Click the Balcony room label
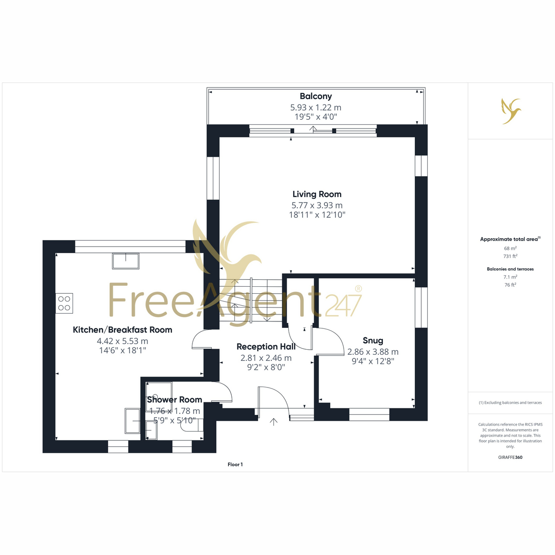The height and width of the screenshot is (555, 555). click(315, 96)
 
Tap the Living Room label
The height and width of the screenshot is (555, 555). click(317, 194)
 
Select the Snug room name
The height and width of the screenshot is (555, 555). click(373, 340)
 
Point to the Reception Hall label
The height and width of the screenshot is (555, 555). click(266, 346)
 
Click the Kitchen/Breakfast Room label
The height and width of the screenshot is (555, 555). click(123, 330)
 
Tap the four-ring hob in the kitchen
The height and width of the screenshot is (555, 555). click(64, 303)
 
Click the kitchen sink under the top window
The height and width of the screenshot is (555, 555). click(126, 261)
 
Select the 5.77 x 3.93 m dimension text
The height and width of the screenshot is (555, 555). click(317, 205)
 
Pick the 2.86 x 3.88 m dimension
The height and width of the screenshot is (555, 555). click(373, 351)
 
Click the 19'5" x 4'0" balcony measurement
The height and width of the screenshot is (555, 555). click(316, 117)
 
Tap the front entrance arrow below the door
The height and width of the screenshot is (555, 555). click(273, 422)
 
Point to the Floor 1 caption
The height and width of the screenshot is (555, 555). click(235, 464)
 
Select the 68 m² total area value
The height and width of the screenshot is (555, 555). click(510, 248)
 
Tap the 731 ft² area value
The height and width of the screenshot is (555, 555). click(510, 256)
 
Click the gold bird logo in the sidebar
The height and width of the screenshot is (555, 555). click(511, 111)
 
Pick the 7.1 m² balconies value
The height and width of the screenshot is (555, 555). click(510, 277)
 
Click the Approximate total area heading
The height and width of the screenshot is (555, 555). click(510, 239)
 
